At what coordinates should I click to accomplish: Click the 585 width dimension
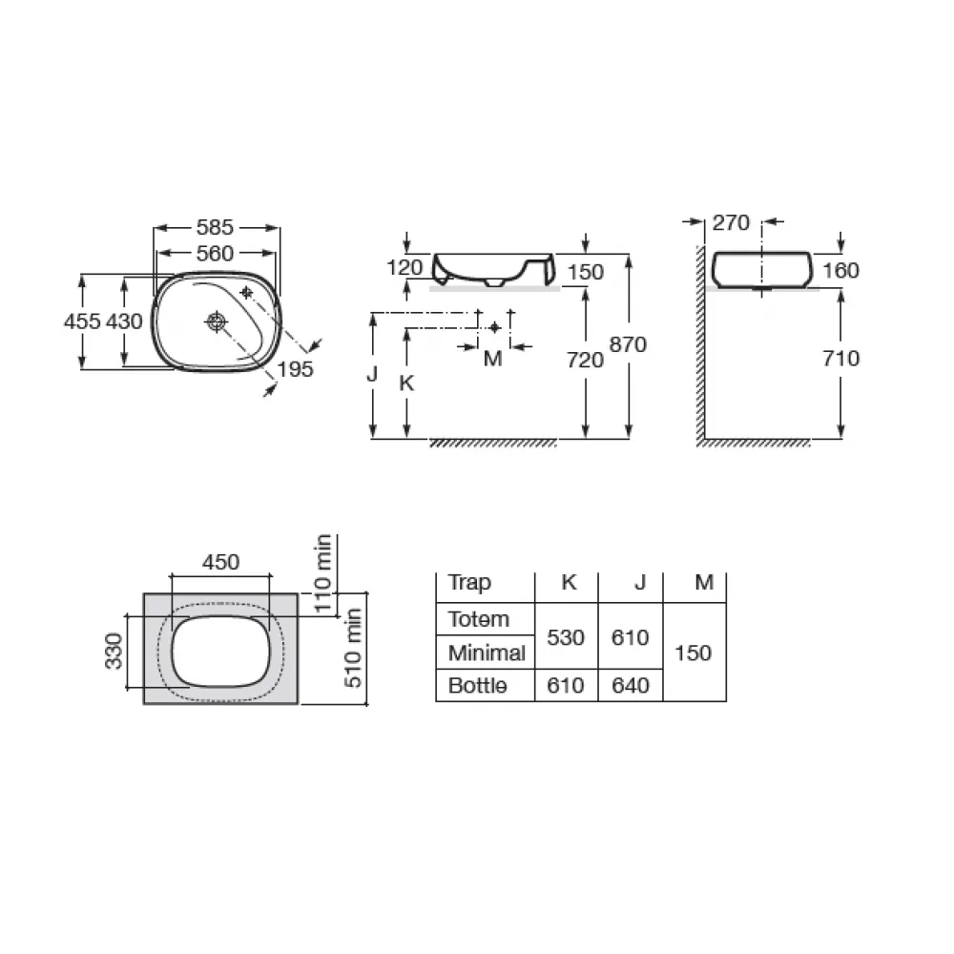tap(215, 228)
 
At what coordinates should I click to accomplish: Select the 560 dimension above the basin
tap(215, 253)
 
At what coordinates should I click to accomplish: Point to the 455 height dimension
tap(82, 321)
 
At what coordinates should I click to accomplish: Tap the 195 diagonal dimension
tap(295, 368)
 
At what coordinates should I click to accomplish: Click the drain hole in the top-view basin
tap(217, 321)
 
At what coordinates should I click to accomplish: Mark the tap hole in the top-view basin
tap(246, 293)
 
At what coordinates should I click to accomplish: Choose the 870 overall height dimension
tap(628, 344)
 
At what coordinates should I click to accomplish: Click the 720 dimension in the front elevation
tap(586, 360)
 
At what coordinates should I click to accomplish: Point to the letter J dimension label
tap(372, 373)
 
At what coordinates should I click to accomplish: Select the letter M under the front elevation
tap(493, 359)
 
